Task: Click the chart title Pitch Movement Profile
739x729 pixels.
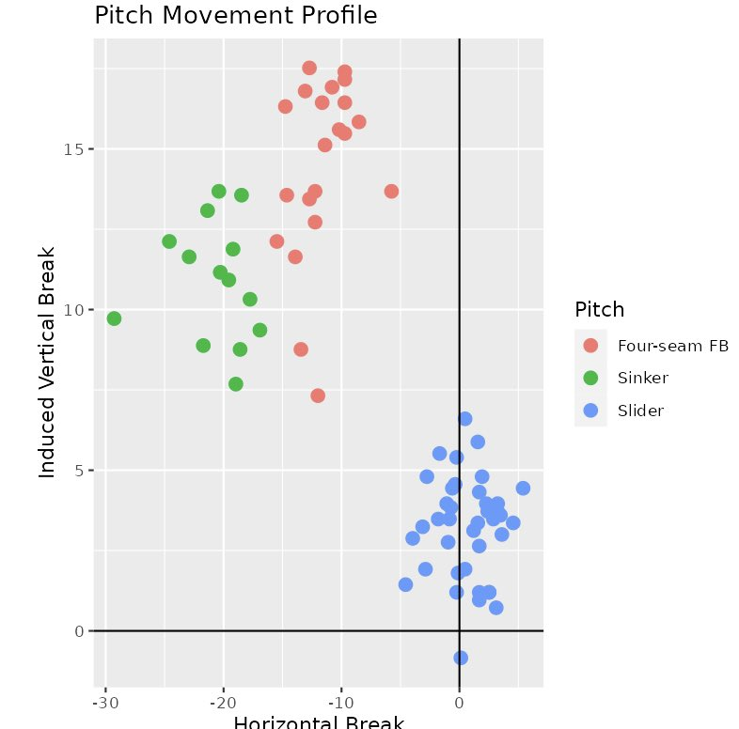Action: [236, 16]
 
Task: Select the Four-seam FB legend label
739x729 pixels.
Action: [672, 345]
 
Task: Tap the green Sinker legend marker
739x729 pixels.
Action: [590, 378]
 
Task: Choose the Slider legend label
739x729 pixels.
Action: [640, 411]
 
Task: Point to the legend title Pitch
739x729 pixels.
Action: [599, 309]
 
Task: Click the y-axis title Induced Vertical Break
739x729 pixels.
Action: [48, 362]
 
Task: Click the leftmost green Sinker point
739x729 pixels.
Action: [114, 318]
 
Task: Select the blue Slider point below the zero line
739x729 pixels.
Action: [461, 658]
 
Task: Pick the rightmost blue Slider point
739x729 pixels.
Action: [523, 488]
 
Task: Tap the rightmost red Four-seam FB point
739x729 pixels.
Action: [391, 192]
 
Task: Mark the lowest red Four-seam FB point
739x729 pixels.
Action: [318, 396]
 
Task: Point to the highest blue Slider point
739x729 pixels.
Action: [464, 419]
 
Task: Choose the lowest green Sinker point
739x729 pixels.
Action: [236, 383]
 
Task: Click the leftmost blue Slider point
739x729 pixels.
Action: [405, 584]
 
